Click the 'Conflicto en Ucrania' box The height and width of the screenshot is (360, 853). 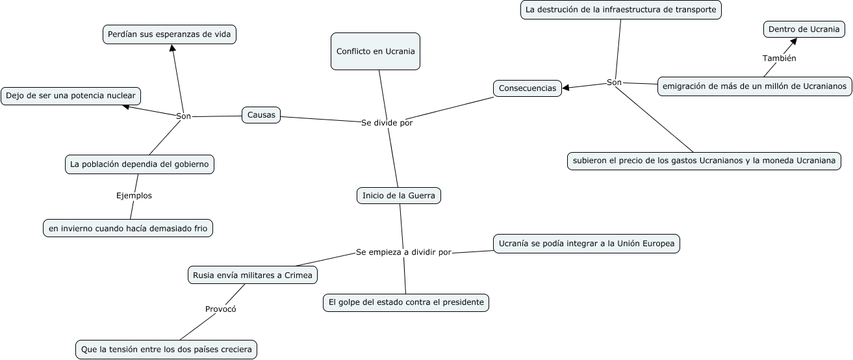point(376,51)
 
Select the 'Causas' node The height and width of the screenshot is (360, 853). point(261,115)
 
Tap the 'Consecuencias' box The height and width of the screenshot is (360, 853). point(528,88)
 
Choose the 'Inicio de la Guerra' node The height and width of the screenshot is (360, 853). point(399,196)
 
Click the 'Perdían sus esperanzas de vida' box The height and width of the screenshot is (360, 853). point(170,34)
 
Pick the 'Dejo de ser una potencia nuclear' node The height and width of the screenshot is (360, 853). point(71,96)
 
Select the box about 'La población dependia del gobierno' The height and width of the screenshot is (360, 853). point(140,164)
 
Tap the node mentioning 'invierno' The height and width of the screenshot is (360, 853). point(128,228)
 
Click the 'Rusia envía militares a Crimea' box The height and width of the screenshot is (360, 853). point(253,276)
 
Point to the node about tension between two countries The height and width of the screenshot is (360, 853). point(166,350)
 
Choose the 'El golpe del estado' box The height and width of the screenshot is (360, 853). point(406,302)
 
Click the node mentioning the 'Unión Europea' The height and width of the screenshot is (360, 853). point(587,244)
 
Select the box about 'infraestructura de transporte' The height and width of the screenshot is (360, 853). point(621,10)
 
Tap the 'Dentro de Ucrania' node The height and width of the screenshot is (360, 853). point(804,29)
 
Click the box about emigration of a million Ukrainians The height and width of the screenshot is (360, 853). point(754,86)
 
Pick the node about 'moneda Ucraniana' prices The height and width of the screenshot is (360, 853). point(704,161)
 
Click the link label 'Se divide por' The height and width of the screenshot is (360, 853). point(387,122)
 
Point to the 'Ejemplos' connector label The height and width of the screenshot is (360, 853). point(134,195)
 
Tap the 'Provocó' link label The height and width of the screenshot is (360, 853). point(221,309)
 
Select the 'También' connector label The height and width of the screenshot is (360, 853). point(780,58)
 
